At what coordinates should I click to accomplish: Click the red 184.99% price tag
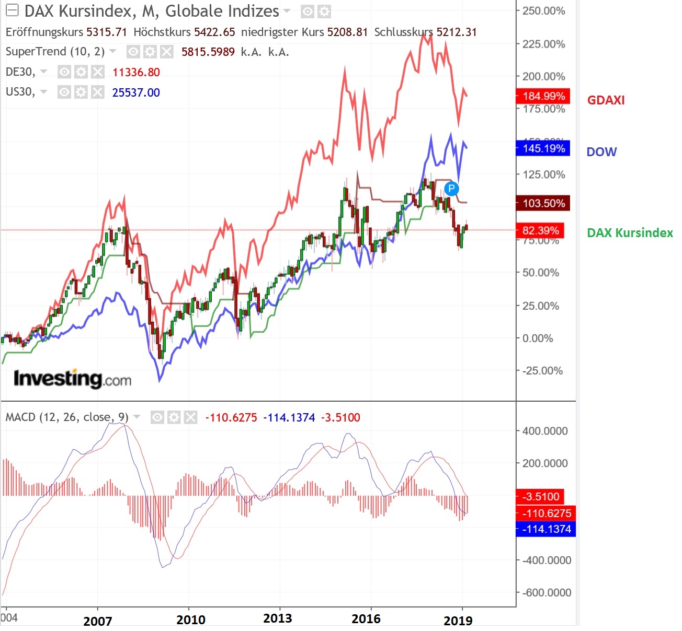coord(543,96)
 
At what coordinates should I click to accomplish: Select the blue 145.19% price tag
coord(543,148)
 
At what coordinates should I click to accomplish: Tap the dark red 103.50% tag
coord(543,203)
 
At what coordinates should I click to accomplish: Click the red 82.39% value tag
coord(540,230)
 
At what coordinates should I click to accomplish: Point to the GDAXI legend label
coord(606,100)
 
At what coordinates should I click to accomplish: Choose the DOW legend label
coord(601,152)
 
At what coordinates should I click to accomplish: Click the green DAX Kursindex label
coord(630,233)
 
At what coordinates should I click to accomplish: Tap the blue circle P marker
coord(451,189)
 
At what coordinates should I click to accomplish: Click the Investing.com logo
coord(72,379)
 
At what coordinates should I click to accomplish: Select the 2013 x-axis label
coord(277,618)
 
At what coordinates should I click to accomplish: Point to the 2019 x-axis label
coord(458,621)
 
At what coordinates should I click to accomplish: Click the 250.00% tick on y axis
coord(543,11)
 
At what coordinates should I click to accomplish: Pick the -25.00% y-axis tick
coord(542,371)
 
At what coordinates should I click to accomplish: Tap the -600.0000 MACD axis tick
coord(546,593)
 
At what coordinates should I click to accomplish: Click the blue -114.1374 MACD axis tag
coord(545,529)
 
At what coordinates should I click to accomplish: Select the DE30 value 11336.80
coord(136,72)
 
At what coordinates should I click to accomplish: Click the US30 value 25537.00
coord(136,92)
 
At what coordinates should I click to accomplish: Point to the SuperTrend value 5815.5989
coord(208,52)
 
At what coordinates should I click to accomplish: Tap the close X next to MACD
coord(191,417)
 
